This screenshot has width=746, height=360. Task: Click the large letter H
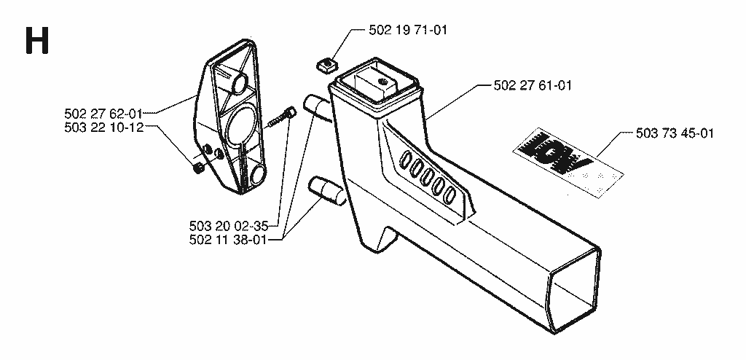pos(36,41)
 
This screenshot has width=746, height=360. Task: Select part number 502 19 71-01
pos(408,31)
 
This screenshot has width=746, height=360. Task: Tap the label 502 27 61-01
pos(533,86)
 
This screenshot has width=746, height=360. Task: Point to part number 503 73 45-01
pos(674,133)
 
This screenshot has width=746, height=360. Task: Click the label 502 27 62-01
pos(103,114)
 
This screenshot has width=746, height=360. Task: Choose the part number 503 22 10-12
pos(103,128)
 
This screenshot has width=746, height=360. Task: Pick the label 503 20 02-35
pos(228,224)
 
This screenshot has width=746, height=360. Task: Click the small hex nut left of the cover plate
pos(199,168)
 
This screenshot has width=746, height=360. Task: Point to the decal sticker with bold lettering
pos(568,162)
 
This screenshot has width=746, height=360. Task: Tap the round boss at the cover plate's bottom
pos(258,174)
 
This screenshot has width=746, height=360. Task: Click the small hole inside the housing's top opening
pos(381,82)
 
